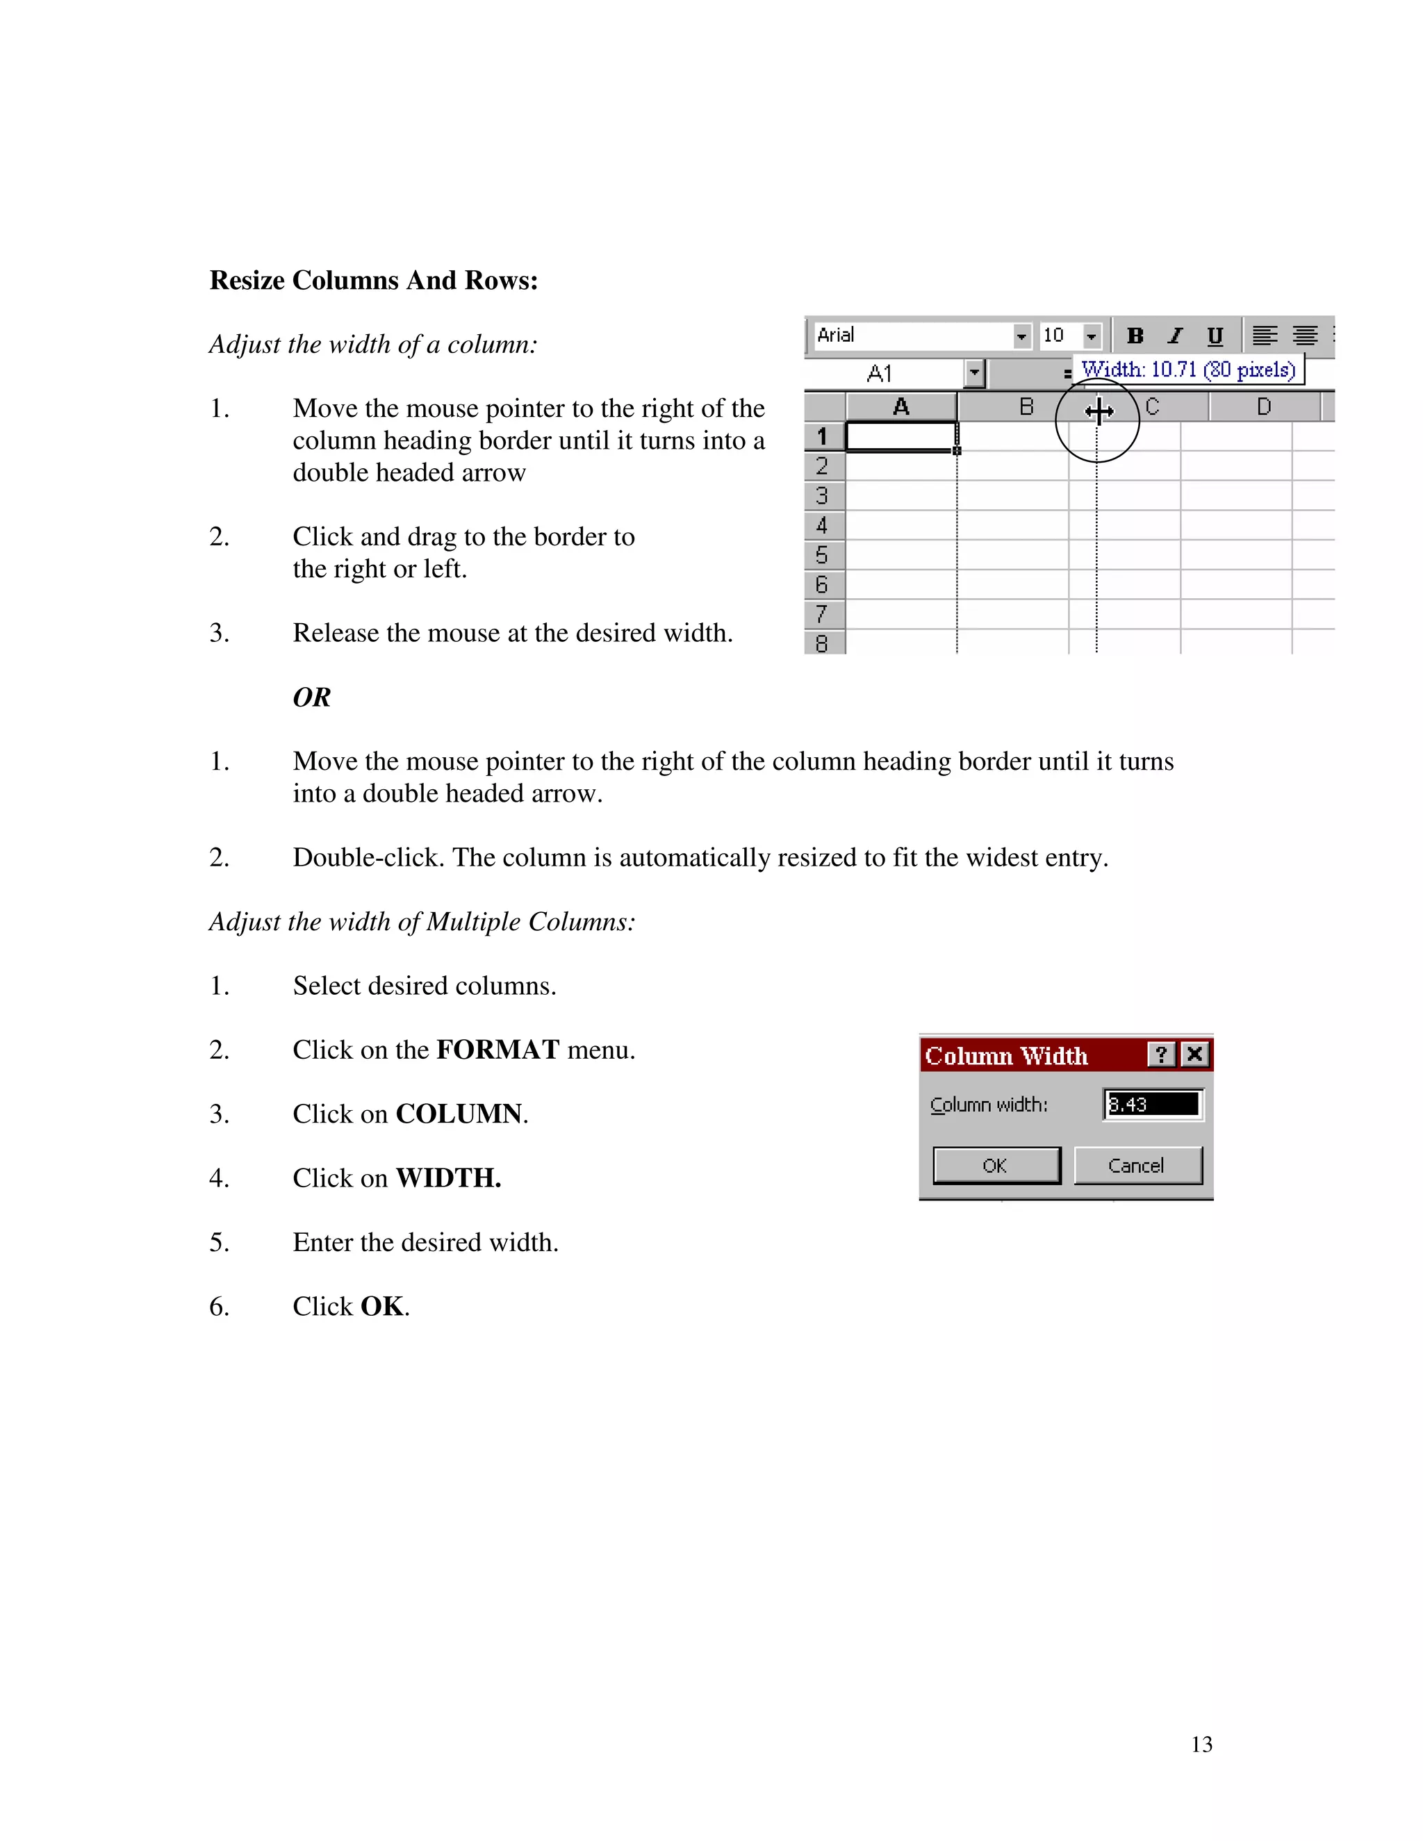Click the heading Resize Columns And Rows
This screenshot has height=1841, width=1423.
point(373,281)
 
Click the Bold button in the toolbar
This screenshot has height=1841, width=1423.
point(1135,336)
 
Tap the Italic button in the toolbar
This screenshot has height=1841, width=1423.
point(1175,336)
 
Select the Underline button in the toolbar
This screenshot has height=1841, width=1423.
point(1214,336)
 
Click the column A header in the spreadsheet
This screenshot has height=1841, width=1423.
point(900,407)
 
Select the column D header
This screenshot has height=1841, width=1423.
point(1264,407)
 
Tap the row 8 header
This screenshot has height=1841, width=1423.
point(822,644)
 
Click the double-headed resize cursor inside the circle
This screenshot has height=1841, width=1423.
point(1099,411)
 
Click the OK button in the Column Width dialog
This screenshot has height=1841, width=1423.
point(996,1166)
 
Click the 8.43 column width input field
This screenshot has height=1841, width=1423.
point(1153,1105)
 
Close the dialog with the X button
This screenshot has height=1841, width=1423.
point(1194,1055)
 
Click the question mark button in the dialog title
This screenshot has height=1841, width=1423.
point(1161,1055)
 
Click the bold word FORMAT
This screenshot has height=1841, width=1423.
point(497,1050)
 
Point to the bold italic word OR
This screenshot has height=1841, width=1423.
point(312,698)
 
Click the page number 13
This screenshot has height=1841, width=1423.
point(1201,1744)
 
